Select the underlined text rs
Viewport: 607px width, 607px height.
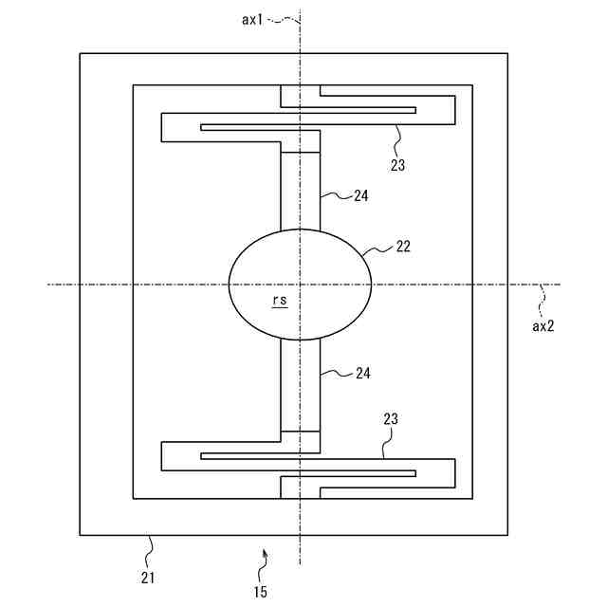click(279, 300)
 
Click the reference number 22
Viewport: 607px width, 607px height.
click(403, 248)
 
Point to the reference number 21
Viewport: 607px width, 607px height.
click(149, 576)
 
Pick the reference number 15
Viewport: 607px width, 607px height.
click(260, 592)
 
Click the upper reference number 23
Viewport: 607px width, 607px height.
click(397, 164)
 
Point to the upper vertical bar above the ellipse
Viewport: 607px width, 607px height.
click(301, 190)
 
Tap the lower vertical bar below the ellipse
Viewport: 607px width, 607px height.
click(301, 385)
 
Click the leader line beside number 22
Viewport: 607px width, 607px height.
click(377, 251)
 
